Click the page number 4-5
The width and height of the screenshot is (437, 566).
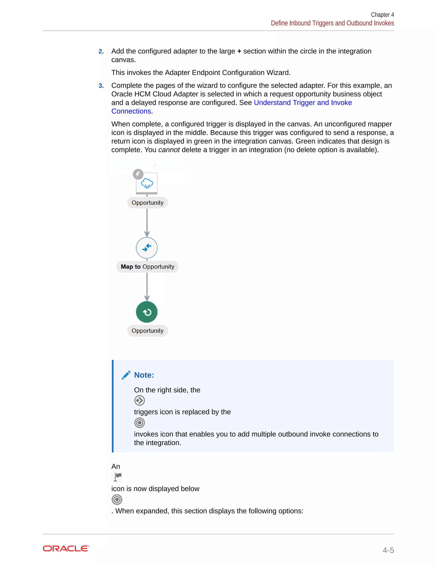click(x=388, y=550)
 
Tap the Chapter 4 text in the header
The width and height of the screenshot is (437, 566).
click(x=382, y=15)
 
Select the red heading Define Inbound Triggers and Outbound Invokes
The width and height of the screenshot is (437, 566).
click(x=332, y=23)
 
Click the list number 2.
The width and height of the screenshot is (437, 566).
click(x=101, y=51)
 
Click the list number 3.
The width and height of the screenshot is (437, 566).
click(x=101, y=86)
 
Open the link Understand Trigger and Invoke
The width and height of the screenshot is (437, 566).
click(x=303, y=103)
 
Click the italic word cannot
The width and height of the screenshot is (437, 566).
click(x=169, y=150)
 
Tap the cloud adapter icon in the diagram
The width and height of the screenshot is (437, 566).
click(x=147, y=183)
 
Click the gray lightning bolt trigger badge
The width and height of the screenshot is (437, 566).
click(x=138, y=174)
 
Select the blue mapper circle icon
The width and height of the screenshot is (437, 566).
click(x=147, y=248)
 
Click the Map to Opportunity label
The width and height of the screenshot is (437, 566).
click(x=147, y=267)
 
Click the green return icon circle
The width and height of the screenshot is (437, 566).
click(x=147, y=312)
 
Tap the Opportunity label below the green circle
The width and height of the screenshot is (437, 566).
click(x=147, y=331)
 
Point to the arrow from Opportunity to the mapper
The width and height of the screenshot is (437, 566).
click(x=147, y=223)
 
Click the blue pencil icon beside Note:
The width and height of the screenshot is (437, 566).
click(x=126, y=375)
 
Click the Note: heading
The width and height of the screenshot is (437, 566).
click(x=144, y=375)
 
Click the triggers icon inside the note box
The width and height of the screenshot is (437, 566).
click(x=140, y=401)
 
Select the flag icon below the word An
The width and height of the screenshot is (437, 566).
click(x=117, y=477)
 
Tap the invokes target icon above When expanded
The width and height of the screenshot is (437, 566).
click(x=117, y=499)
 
